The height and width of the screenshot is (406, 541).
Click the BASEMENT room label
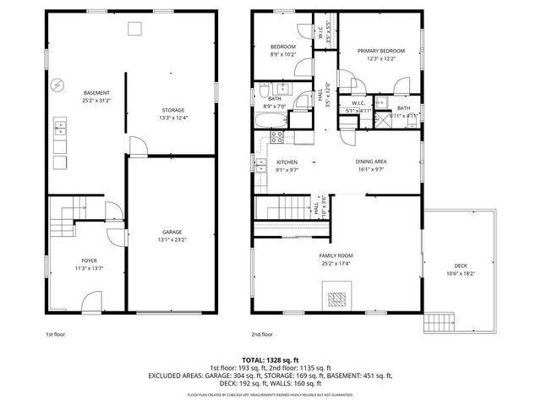coord(96,92)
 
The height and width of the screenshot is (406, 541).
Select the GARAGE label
coord(172,232)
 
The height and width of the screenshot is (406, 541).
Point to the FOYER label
coord(89,261)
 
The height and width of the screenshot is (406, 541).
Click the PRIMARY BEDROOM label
coord(380,51)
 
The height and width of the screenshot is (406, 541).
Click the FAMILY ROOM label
coord(336,255)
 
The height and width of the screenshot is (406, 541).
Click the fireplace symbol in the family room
coord(336,298)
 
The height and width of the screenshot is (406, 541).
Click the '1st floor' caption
coord(56,334)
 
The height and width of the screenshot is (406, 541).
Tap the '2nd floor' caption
coord(261,334)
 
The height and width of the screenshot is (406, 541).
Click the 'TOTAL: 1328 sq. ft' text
coord(270,359)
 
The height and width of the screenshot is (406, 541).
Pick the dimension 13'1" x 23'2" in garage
coord(172,240)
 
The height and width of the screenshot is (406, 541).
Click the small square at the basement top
coord(134,29)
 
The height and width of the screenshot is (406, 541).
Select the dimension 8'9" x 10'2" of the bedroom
coord(282,54)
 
